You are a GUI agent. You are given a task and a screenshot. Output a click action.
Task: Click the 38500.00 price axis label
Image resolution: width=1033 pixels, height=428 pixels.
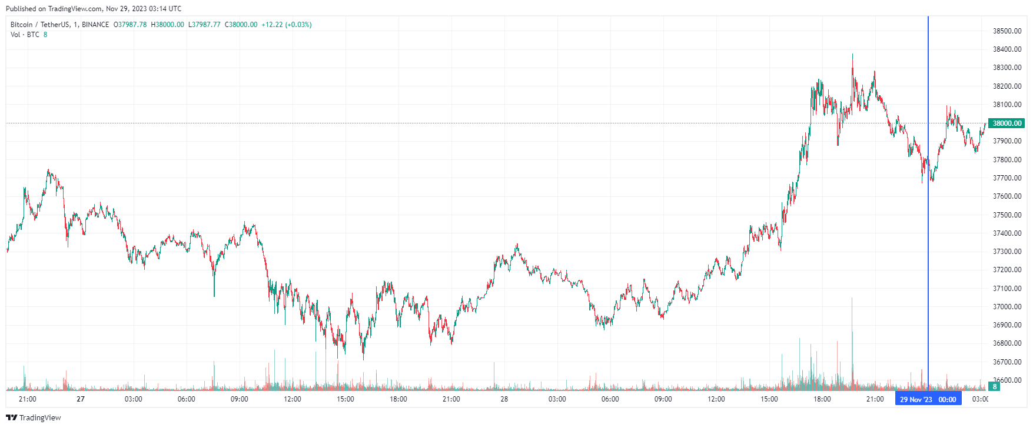click(1007, 31)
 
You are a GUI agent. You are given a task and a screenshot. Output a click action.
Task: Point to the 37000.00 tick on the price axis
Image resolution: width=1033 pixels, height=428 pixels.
click(1007, 307)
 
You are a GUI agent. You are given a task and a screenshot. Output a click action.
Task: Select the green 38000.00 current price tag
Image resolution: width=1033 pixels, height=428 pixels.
click(1007, 123)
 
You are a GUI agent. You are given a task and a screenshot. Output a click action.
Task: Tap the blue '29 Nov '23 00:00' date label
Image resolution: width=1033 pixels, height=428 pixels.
click(928, 400)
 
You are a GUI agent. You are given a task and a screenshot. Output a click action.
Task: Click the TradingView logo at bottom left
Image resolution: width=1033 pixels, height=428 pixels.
click(34, 418)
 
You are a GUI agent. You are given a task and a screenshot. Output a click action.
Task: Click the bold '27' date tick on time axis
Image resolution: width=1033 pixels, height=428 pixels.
click(81, 399)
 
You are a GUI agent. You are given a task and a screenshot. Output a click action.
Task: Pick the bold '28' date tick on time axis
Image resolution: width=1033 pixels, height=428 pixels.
click(504, 399)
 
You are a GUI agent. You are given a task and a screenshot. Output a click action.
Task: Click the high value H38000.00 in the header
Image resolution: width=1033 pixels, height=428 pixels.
click(167, 25)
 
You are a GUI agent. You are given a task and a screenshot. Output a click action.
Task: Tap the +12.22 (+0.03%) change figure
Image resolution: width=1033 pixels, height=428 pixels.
click(287, 25)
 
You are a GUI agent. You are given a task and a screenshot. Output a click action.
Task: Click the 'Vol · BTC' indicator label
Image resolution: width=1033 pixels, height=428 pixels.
click(25, 35)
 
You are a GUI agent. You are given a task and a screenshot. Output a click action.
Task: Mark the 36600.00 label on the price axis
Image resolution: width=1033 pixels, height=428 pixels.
click(1007, 380)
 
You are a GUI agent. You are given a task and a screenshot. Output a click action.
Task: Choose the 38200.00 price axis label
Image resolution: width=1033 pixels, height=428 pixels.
click(1007, 86)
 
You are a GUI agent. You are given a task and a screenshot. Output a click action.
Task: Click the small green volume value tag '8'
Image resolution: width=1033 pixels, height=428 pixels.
click(995, 387)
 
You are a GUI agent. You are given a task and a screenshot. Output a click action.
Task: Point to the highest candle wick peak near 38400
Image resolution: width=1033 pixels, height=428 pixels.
click(852, 55)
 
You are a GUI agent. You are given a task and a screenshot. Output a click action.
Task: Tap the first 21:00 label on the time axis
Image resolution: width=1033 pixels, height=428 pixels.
click(28, 399)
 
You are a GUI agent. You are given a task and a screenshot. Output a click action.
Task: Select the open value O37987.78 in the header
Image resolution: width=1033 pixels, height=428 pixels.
click(130, 25)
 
